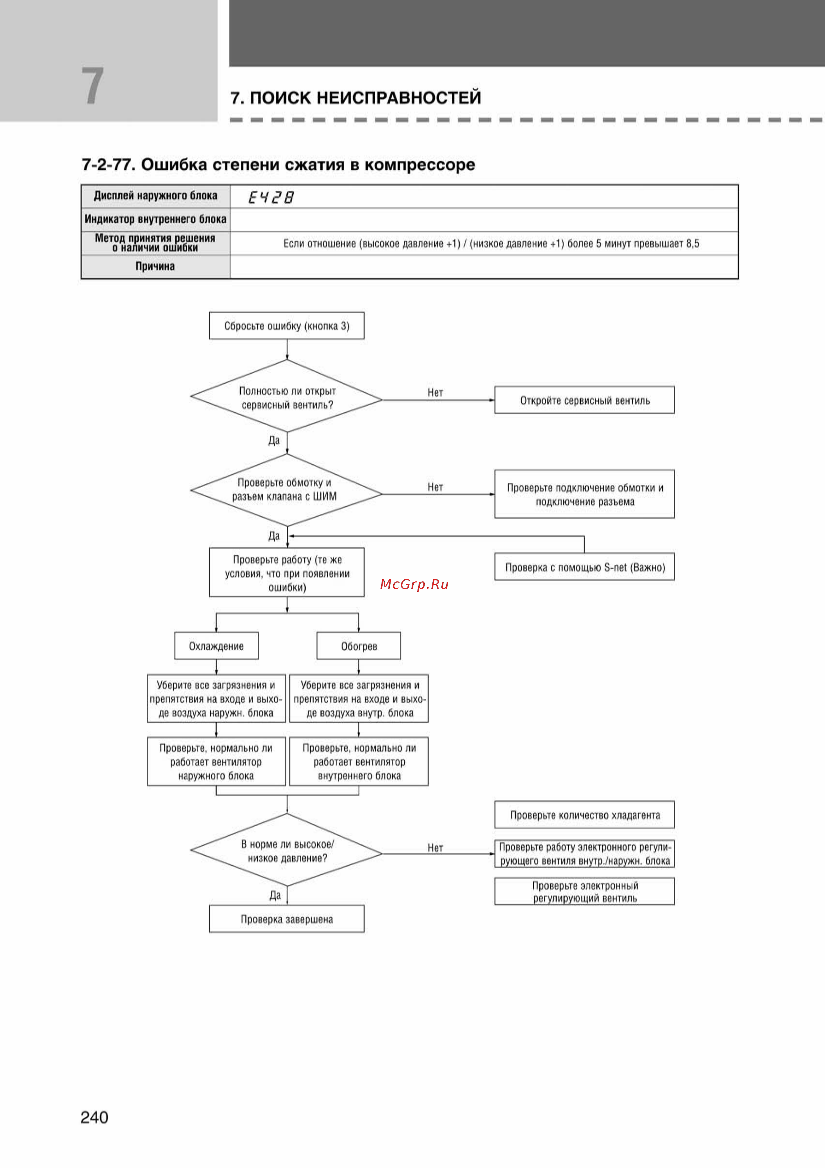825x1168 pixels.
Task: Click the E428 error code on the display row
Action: click(271, 197)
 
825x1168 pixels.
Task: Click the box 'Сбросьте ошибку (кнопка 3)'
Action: click(287, 326)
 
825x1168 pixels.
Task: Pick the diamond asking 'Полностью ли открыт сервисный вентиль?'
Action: click(287, 396)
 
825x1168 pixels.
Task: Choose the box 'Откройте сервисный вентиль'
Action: click(585, 400)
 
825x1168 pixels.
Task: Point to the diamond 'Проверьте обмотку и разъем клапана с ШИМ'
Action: click(287, 490)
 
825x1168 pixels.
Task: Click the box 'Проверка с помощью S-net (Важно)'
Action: click(585, 567)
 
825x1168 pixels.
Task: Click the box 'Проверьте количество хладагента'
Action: click(585, 814)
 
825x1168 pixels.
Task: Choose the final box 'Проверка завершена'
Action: click(287, 919)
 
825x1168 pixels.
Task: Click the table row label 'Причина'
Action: click(155, 266)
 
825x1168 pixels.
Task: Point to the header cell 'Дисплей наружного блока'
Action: click(156, 196)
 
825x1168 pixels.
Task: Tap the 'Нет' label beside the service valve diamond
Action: click(435, 392)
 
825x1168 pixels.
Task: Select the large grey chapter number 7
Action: click(92, 86)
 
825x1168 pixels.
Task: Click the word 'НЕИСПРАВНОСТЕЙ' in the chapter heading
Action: click(399, 97)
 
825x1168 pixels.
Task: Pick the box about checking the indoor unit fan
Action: click(359, 761)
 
